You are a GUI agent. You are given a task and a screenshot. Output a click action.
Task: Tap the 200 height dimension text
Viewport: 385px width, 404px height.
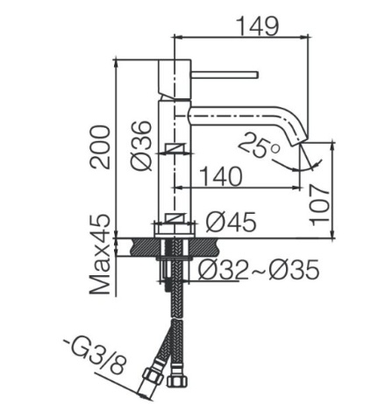click(100, 147)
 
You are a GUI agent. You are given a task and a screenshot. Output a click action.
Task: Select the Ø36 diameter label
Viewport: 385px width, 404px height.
click(142, 145)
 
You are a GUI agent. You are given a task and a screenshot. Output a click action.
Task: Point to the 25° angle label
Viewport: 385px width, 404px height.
click(260, 145)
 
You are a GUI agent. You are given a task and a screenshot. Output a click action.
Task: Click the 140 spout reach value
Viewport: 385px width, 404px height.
click(221, 177)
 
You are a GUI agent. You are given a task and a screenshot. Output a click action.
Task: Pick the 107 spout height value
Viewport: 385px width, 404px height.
click(319, 205)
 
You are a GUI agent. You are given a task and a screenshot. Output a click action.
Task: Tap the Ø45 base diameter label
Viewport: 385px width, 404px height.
click(231, 222)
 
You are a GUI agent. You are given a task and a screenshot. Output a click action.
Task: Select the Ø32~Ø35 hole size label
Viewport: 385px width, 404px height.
click(259, 269)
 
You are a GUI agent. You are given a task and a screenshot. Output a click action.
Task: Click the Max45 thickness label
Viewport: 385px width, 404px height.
click(100, 254)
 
